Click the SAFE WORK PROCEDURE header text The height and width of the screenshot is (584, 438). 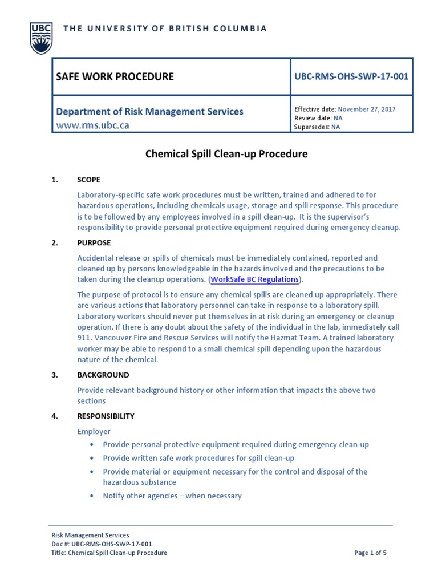[x=115, y=76]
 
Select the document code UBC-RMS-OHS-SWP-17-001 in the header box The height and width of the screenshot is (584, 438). [x=351, y=76]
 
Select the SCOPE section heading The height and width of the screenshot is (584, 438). [x=89, y=180]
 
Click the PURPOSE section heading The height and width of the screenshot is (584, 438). [x=93, y=243]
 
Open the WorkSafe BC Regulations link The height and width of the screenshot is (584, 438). [x=255, y=279]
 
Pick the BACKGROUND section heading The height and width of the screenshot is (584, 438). [x=103, y=375]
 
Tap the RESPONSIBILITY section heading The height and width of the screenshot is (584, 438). [x=106, y=416]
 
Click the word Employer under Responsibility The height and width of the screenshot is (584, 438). [x=94, y=432]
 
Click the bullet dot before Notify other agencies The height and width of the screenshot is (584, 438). [x=92, y=496]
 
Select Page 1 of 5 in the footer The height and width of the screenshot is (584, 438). [x=370, y=553]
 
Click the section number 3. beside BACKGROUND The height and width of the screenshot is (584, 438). [x=55, y=375]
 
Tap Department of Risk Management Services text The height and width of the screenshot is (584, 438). [x=149, y=112]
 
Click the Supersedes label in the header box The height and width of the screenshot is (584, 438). [x=311, y=127]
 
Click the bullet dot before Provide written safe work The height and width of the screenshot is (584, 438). [x=92, y=458]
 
